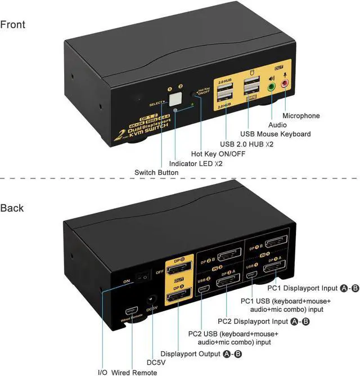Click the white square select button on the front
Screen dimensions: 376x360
click(173, 101)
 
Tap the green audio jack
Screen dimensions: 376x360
click(272, 87)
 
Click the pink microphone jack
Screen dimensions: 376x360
click(285, 84)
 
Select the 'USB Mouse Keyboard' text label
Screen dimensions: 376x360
click(276, 134)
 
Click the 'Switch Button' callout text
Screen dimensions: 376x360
click(156, 172)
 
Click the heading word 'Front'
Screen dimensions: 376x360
click(13, 25)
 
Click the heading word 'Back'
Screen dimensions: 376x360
click(12, 208)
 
